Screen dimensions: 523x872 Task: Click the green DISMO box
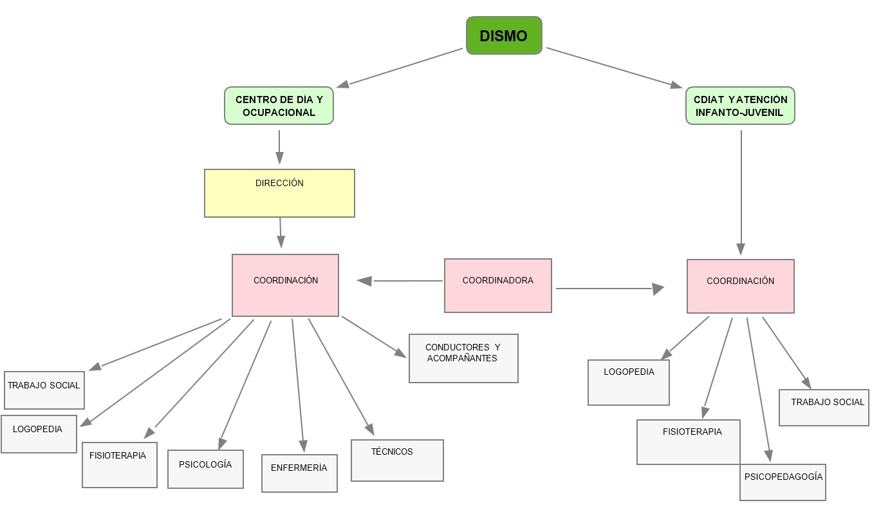504,35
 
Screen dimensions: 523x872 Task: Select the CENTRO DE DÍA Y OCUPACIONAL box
279,106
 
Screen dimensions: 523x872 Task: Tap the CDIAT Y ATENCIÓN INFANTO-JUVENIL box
740,106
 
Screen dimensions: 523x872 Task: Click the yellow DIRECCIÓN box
279,193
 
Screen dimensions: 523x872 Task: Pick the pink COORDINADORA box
497,285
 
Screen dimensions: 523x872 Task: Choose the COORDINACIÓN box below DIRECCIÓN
285,285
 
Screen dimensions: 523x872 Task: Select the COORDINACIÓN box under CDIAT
740,286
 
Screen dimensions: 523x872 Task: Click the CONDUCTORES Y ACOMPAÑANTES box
463,358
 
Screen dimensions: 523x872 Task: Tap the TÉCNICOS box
397,460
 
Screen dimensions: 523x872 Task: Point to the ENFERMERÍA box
299,473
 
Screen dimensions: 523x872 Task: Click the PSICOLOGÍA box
205,469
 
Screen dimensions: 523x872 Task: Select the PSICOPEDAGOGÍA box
783,482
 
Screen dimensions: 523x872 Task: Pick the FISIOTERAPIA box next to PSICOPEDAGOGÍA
688,441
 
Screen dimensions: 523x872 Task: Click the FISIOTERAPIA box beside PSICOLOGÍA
119,464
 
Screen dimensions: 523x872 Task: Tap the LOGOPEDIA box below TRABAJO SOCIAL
39,433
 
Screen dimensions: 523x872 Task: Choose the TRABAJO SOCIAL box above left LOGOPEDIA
44,390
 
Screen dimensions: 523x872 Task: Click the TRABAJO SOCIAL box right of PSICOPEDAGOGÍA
824,407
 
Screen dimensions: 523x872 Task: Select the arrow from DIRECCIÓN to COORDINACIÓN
281,233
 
